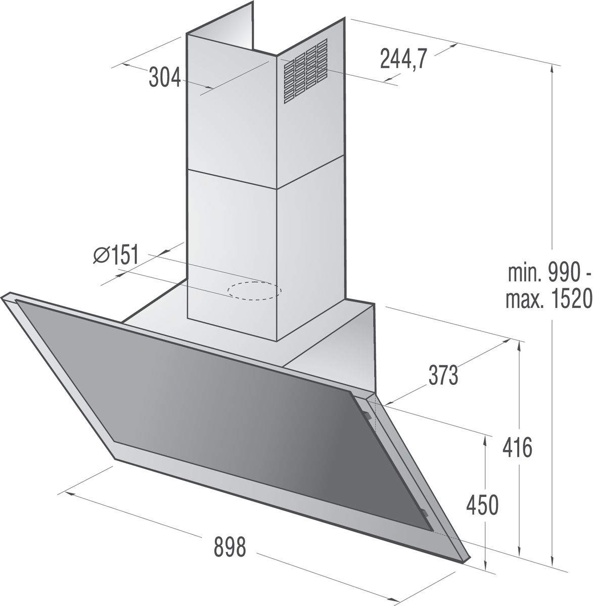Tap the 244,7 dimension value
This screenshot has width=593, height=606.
[403, 59]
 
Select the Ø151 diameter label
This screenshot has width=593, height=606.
[116, 254]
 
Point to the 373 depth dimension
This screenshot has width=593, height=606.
[443, 375]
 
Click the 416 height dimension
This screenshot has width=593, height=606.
[517, 447]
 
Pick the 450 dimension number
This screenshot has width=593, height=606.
[482, 505]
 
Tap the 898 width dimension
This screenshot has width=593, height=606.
[230, 547]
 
